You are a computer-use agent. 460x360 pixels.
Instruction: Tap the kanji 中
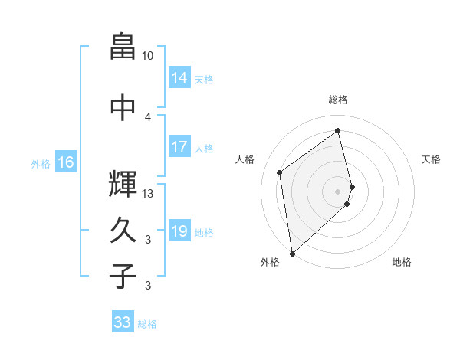pyautogui.click(x=123, y=107)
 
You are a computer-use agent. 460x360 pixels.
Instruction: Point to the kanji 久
pyautogui.click(x=123, y=230)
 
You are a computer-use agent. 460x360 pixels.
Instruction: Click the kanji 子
pyautogui.click(x=123, y=276)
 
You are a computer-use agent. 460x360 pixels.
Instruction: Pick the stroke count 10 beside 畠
pyautogui.click(x=148, y=56)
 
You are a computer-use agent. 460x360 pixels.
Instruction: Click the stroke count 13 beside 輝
pyautogui.click(x=148, y=194)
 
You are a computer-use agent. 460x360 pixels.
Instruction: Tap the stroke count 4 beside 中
pyautogui.click(x=148, y=116)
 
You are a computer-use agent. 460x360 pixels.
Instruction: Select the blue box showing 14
pyautogui.click(x=179, y=78)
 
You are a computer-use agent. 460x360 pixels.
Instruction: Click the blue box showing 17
pyautogui.click(x=179, y=147)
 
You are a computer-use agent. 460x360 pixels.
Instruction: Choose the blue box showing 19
pyautogui.click(x=179, y=231)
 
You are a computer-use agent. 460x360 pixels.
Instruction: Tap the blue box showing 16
pyautogui.click(x=66, y=162)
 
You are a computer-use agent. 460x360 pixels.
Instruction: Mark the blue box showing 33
pyautogui.click(x=123, y=322)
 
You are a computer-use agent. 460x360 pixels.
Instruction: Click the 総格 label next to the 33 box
pyautogui.click(x=147, y=324)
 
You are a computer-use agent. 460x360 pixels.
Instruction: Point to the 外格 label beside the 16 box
pyautogui.click(x=41, y=163)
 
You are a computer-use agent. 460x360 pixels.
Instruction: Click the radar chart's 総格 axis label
pyautogui.click(x=338, y=100)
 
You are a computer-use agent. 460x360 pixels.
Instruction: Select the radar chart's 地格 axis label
pyautogui.click(x=402, y=263)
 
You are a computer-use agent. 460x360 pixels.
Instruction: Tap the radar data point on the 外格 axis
pyautogui.click(x=291, y=253)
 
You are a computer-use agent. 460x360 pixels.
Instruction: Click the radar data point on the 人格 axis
pyautogui.click(x=280, y=172)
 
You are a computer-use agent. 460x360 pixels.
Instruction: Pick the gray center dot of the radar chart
pyautogui.click(x=338, y=190)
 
